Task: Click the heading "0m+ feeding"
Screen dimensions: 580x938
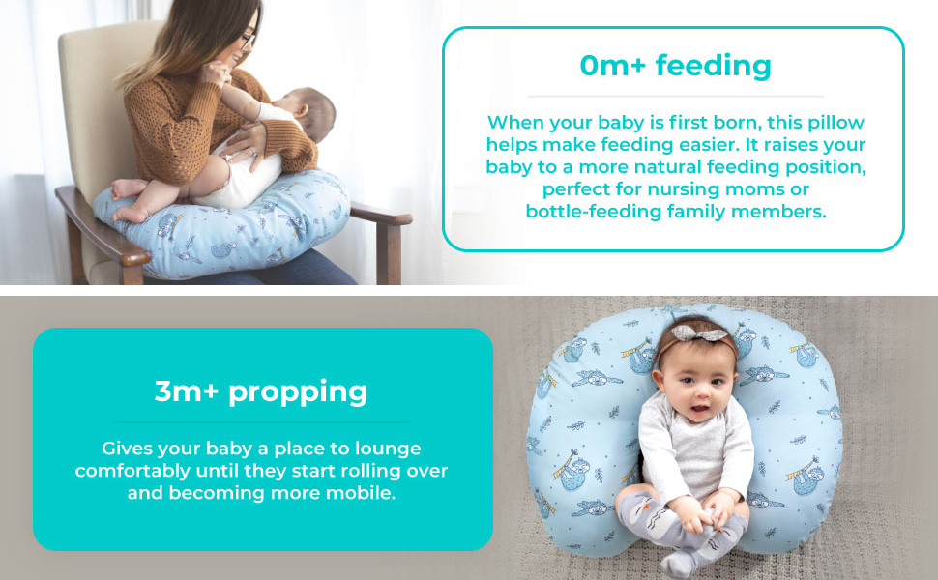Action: tap(675, 66)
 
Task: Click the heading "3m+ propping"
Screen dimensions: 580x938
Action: tap(261, 391)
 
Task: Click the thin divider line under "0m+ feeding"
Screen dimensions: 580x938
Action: tap(675, 97)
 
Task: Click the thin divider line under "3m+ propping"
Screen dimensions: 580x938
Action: tap(261, 422)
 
